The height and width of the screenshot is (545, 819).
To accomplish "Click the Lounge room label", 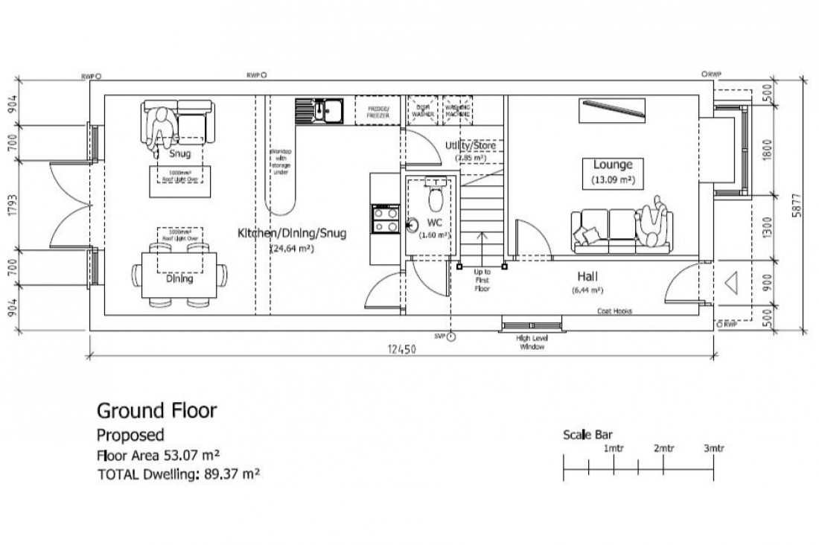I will pos(612,165).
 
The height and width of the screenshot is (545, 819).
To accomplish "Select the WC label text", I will pos(436,223).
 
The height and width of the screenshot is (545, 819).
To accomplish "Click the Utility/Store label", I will pos(470,145).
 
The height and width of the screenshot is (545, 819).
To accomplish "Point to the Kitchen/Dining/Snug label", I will pos(292,234).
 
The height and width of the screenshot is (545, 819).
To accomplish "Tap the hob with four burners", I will pos(385,219).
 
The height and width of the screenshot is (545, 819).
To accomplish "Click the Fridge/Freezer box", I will pos(378,112).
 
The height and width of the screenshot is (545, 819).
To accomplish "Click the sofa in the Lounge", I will pos(621,229).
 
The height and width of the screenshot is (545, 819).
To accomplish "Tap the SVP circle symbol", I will pos(451,337).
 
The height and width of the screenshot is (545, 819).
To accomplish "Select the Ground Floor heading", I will pos(156,410).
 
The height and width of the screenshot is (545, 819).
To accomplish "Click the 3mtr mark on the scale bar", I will pos(713,448).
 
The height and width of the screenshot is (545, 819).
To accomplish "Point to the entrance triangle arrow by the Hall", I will pos(731,283).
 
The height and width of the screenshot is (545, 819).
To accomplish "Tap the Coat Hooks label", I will pos(614,312).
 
